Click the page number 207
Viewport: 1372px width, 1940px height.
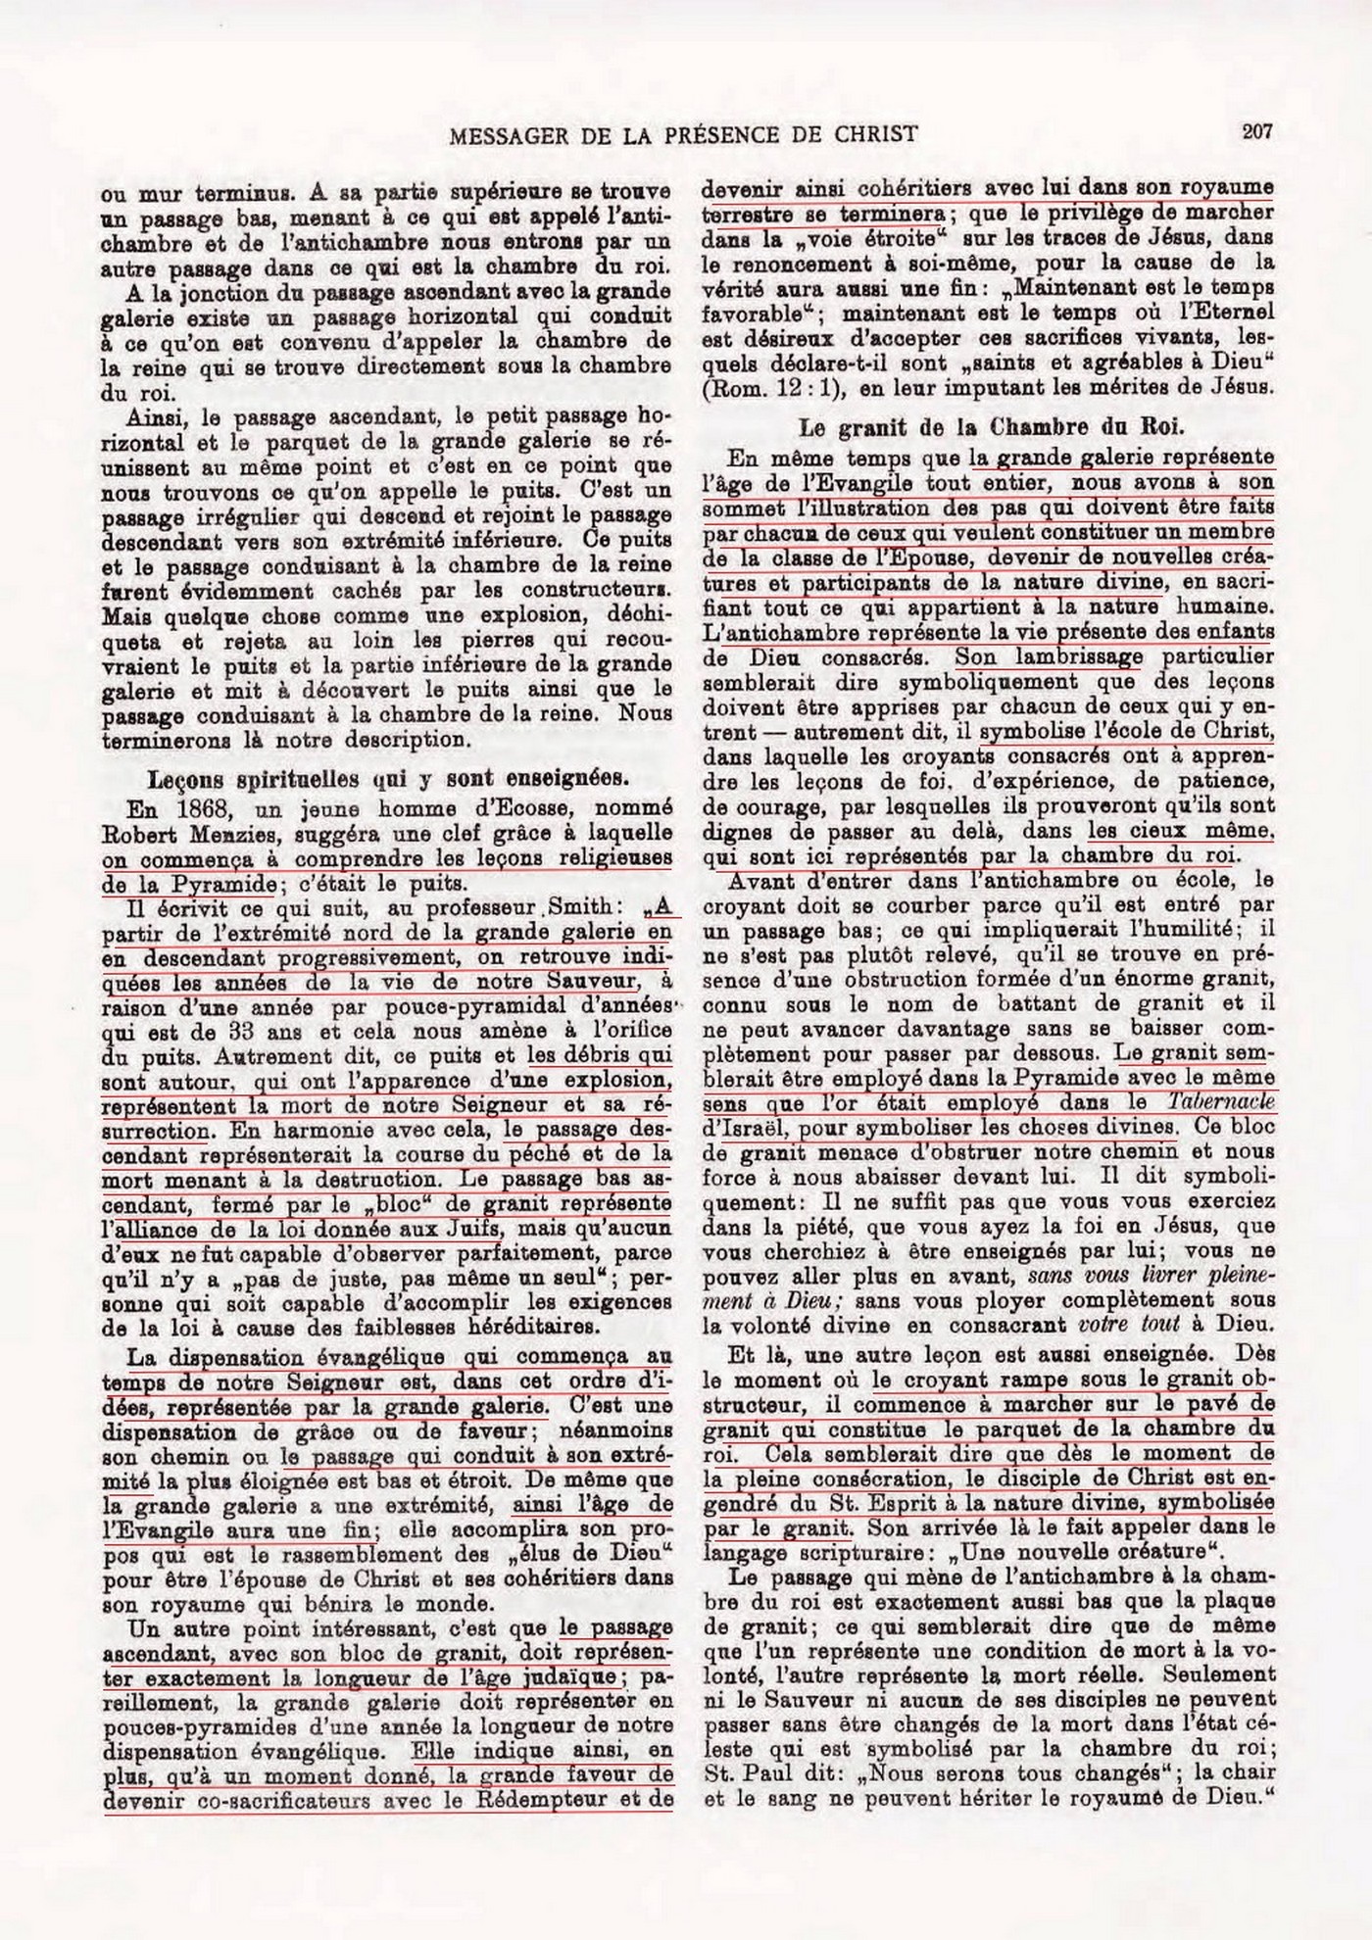(1255, 130)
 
